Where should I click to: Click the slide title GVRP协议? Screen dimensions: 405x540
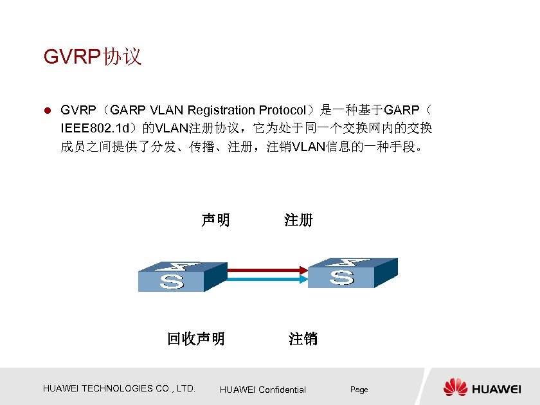coord(93,57)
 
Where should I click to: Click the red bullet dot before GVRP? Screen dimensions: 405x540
coord(47,111)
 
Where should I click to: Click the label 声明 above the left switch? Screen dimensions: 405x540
coord(215,221)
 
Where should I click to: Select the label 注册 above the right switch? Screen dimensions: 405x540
coord(298,221)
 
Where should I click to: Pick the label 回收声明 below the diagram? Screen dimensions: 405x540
coord(196,339)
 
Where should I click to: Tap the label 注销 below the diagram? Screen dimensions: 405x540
coord(303,339)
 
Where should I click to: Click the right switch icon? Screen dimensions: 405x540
coord(350,273)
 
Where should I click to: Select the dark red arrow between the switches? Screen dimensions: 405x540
coord(265,271)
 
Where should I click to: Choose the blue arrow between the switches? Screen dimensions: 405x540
coord(265,279)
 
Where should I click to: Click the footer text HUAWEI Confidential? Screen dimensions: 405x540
coord(263,390)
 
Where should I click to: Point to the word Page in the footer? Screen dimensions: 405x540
coord(359,390)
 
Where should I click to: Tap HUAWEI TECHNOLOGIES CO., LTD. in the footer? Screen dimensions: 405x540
coord(119,388)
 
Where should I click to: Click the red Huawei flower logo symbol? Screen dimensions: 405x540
coord(456,388)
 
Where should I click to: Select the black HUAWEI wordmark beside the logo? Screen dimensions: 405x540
coord(497,389)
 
